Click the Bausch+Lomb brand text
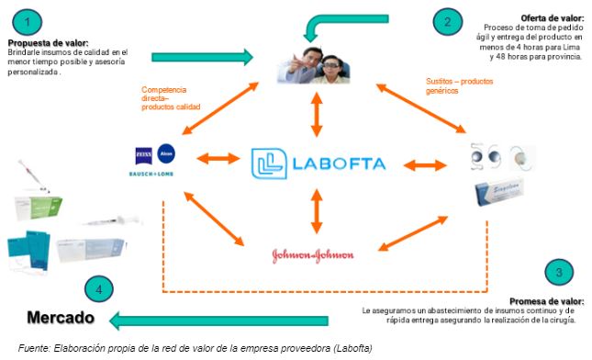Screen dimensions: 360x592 (155, 171)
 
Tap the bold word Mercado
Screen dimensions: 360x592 (61, 319)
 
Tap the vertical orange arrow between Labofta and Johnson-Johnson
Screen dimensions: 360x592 (317, 210)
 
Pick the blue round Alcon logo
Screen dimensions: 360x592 (166, 152)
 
